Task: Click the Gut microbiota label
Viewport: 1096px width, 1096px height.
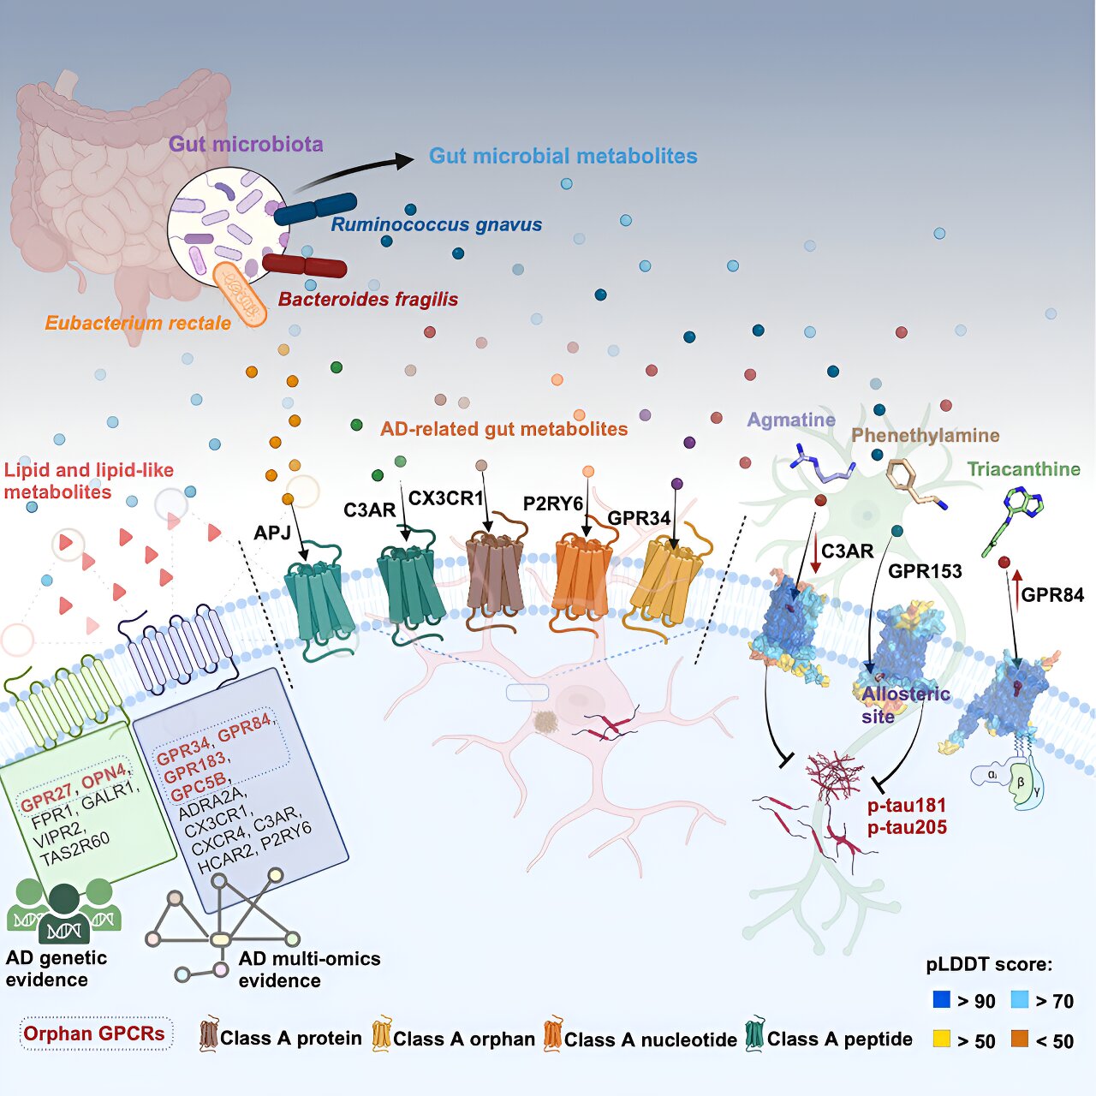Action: [246, 144]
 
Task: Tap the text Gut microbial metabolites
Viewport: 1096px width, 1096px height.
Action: [563, 156]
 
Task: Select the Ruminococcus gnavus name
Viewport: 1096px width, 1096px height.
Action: [436, 225]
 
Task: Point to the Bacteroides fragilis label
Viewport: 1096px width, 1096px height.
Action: [368, 300]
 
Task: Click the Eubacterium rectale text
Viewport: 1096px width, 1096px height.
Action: [138, 324]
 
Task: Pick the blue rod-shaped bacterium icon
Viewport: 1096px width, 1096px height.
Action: [315, 209]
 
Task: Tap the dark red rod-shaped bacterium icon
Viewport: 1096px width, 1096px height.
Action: [305, 265]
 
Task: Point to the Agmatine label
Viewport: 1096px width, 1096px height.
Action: [790, 420]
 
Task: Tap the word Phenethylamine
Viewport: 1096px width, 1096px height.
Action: [925, 436]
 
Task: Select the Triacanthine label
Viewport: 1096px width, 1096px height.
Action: [1023, 469]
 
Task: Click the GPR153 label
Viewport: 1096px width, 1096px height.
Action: [925, 571]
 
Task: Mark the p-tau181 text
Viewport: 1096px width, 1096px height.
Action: [906, 806]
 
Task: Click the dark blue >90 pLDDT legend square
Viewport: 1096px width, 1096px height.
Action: [942, 999]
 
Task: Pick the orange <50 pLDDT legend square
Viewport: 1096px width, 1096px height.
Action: [1019, 1039]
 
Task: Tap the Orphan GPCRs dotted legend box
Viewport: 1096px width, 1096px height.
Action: [94, 1034]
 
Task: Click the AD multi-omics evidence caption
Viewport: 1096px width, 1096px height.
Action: [308, 969]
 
